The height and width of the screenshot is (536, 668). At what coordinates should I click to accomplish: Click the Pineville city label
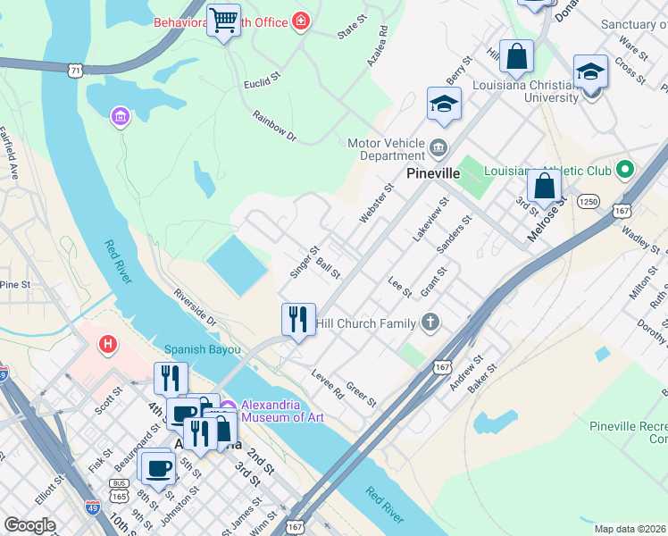pos(432,172)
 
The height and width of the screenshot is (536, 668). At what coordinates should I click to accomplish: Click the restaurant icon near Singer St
pos(298,320)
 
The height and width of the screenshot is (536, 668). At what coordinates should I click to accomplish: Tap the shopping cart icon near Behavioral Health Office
pos(223,21)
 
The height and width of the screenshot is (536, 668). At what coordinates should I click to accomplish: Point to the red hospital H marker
pos(108,343)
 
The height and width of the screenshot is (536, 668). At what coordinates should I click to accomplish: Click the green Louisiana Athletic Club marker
pos(624,168)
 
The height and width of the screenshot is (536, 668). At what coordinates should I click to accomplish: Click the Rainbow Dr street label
pos(274,126)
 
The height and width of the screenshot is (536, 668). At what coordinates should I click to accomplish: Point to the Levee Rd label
pos(327,383)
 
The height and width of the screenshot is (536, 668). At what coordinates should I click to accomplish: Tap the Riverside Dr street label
pos(196,306)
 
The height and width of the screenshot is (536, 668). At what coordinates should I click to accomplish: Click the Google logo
pos(29,525)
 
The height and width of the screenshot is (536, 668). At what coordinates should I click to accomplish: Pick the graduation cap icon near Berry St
pos(443,105)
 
